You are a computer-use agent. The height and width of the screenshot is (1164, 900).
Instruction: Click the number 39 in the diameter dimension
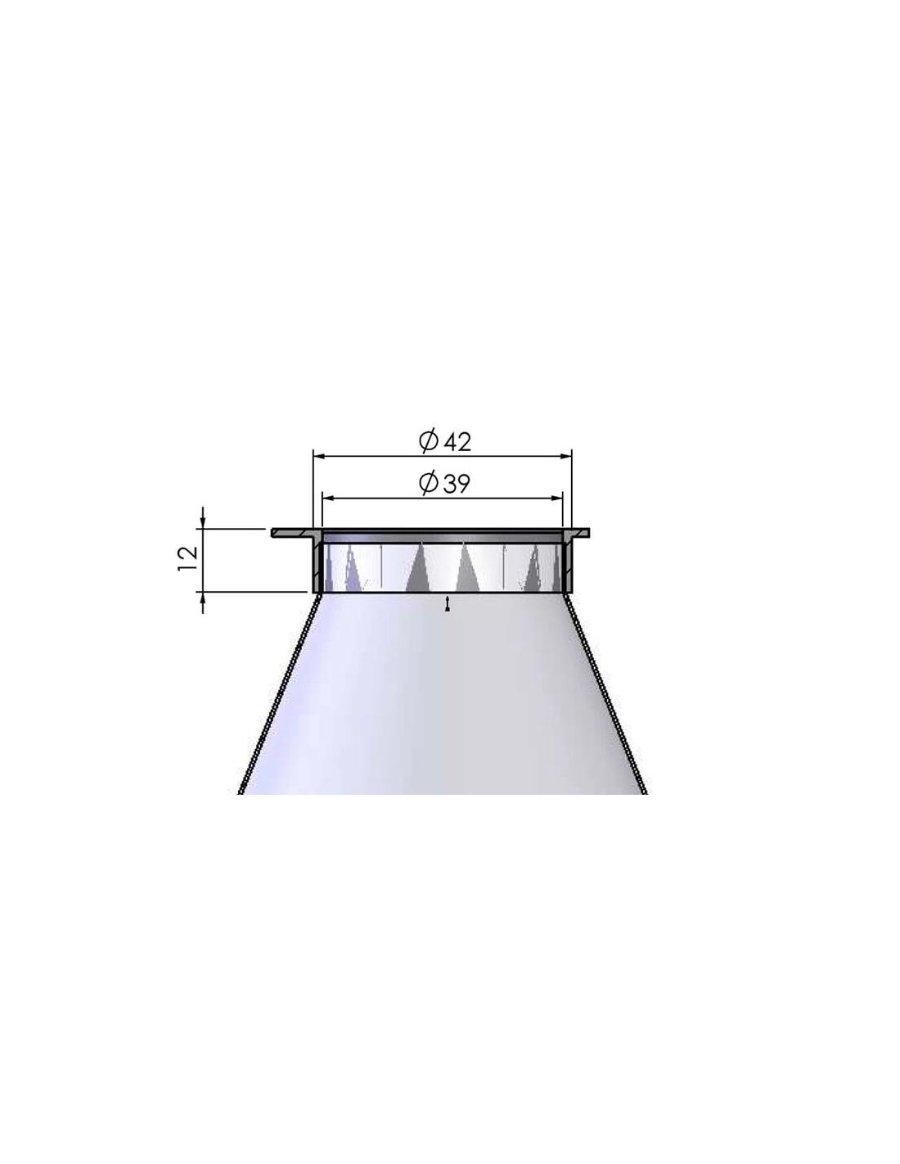[457, 485]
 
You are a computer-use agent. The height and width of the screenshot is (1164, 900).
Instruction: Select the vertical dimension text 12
[188, 559]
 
